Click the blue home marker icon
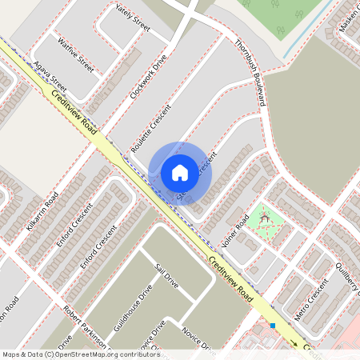click(x=180, y=173)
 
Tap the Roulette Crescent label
click(x=151, y=129)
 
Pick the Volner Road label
click(x=237, y=227)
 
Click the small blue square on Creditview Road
click(x=273, y=326)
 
